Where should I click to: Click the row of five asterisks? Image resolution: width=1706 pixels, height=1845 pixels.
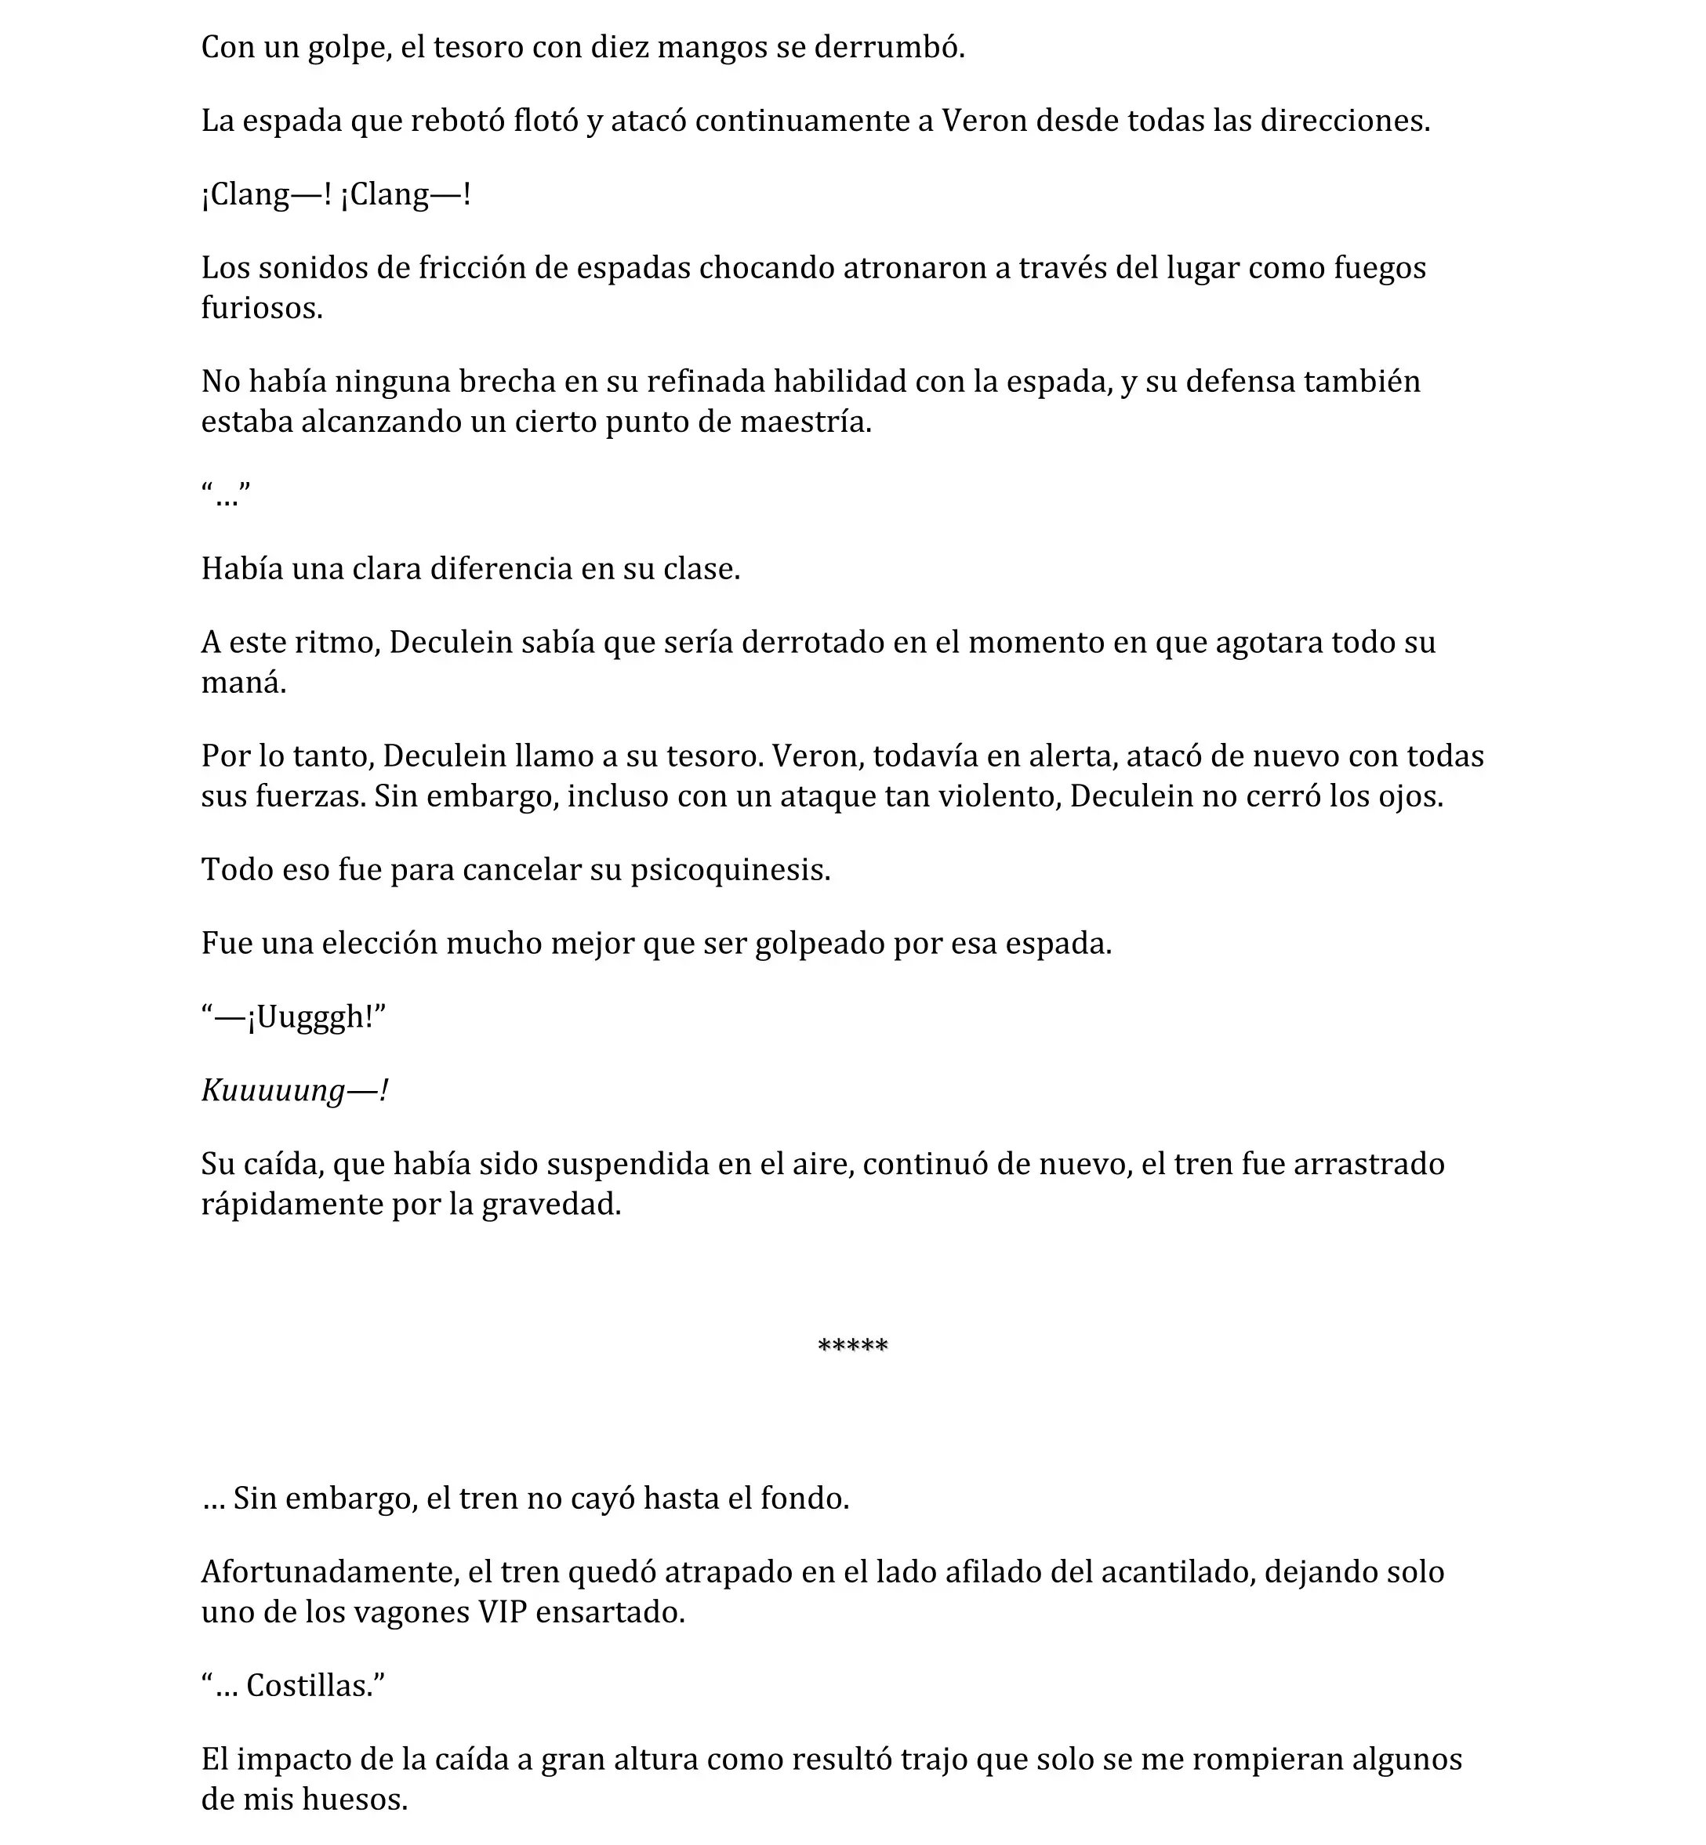[x=853, y=1347]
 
